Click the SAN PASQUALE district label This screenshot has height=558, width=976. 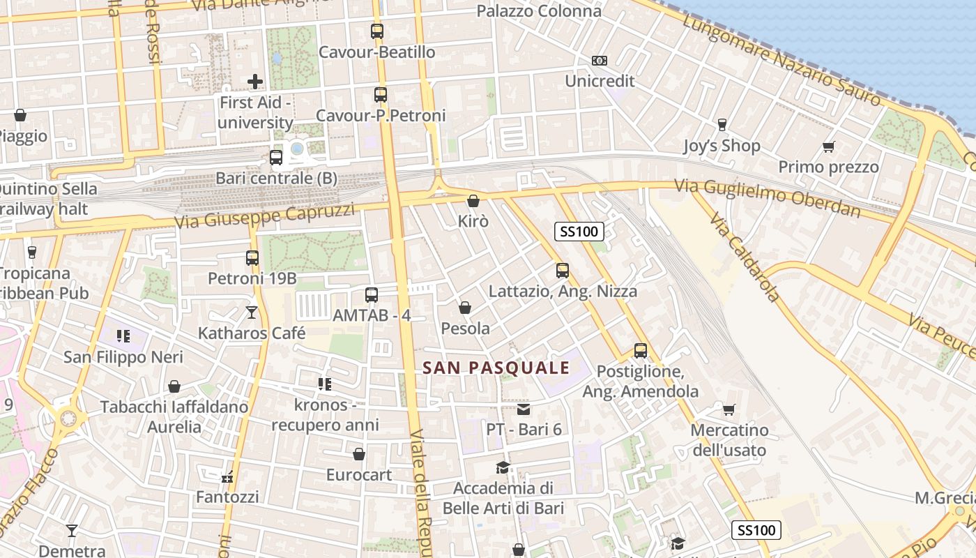click(496, 368)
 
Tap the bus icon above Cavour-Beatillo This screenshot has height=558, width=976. click(377, 31)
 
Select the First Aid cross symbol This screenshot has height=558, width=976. click(255, 82)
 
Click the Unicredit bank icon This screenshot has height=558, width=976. click(600, 61)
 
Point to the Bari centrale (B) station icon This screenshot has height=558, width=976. click(276, 158)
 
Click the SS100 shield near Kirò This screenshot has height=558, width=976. click(579, 232)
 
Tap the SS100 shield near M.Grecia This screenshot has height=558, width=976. click(756, 530)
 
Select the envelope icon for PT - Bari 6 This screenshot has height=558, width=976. click(524, 409)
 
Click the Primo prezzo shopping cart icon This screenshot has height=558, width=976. click(828, 146)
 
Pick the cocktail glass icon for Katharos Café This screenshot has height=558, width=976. click(252, 312)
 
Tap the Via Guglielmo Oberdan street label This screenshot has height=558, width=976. click(768, 198)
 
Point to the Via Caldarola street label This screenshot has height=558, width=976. click(745, 257)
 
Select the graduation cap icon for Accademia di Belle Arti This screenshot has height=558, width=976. click(503, 467)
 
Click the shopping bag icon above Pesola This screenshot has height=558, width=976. click(465, 308)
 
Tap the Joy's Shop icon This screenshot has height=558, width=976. click(722, 125)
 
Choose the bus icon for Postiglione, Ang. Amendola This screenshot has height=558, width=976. click(640, 351)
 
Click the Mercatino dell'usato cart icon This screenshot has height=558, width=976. click(729, 409)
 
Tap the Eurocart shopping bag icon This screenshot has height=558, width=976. click(359, 455)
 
